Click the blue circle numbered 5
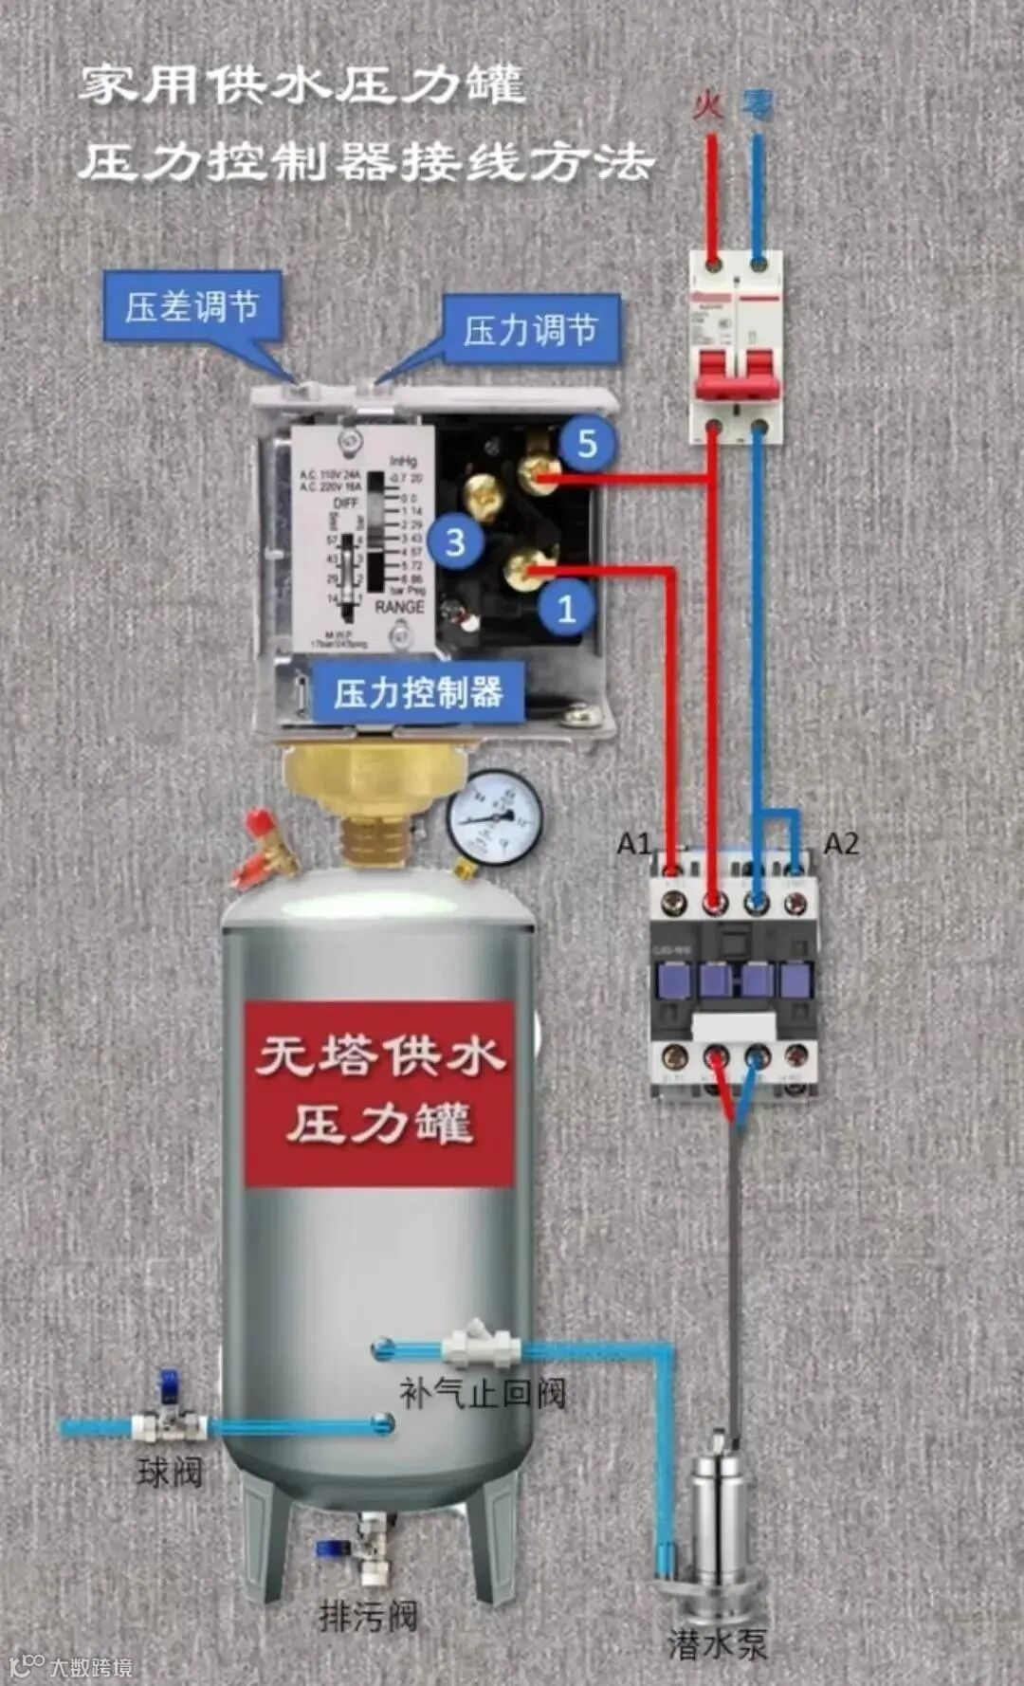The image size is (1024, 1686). coord(587,443)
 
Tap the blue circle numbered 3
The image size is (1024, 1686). coord(456,542)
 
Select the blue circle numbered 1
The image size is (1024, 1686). coord(566,608)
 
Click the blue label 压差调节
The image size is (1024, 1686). coord(192,306)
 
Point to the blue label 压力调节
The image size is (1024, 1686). coord(530,329)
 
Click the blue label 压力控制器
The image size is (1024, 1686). coord(417,692)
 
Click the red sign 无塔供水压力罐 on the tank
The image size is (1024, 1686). coord(379,1092)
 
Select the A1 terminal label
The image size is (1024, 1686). coord(634,842)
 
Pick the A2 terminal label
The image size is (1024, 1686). coord(841,842)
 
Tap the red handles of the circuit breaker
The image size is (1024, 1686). coord(737,374)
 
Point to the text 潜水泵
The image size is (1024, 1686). coord(718,1643)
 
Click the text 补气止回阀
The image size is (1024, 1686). coord(482,1393)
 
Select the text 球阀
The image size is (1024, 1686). coord(170,1473)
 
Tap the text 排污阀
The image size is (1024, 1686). coord(368,1615)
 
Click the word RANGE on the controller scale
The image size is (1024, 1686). coord(399,606)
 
